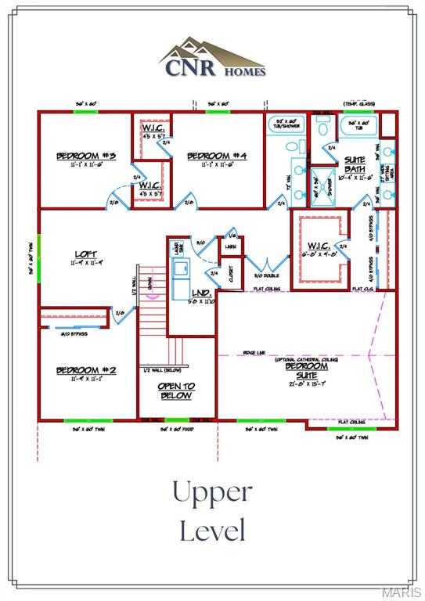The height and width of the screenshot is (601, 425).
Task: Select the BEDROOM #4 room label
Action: pos(218,157)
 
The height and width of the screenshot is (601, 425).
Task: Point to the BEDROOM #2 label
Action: pos(86,370)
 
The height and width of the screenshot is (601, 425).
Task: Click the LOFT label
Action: pos(86,254)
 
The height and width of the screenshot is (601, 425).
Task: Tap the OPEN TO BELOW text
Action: pos(177,391)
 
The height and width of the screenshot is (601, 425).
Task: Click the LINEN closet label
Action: pos(230,247)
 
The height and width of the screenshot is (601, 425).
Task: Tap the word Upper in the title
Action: pos(212,493)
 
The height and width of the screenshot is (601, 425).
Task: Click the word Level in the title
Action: pos(212,531)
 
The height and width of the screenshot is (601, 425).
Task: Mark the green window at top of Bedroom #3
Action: pos(85,111)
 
